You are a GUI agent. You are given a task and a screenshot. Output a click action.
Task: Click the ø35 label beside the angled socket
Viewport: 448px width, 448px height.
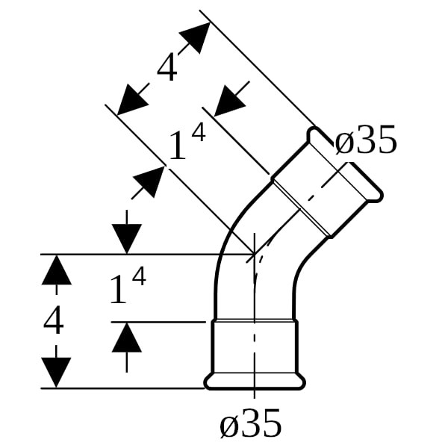(x=366, y=140)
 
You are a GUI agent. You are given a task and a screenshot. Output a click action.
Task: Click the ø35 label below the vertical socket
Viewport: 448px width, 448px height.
(x=251, y=423)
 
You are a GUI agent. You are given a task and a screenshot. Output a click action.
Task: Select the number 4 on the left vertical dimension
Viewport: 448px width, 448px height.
(x=54, y=320)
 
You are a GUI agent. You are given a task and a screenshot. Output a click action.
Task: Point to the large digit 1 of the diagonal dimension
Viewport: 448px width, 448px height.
(x=178, y=146)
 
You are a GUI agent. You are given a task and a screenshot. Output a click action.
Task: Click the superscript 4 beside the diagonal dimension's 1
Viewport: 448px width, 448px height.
(x=199, y=134)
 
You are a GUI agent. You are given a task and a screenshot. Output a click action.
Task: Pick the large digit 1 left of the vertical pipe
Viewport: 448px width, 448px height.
(x=118, y=290)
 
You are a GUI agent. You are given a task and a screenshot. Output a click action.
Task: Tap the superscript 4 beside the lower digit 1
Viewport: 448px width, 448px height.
(x=139, y=278)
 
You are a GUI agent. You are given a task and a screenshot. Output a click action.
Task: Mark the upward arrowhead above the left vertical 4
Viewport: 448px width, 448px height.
(x=56, y=270)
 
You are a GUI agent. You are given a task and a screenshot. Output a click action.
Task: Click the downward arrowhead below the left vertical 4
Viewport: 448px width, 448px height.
(x=56, y=373)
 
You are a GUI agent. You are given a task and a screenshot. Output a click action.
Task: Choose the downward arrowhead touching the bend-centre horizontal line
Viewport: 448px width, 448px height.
(x=127, y=239)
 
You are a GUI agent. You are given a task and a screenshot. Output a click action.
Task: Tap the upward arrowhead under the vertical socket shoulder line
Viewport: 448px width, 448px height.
(x=127, y=337)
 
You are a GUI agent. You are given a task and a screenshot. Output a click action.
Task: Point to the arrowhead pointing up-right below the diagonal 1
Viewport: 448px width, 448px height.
(x=149, y=182)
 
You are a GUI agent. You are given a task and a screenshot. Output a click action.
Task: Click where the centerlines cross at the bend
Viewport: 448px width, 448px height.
(x=255, y=253)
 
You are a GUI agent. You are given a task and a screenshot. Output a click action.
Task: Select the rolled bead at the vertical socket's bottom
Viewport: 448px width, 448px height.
(x=255, y=382)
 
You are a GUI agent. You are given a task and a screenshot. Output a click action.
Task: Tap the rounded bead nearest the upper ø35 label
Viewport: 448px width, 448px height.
(x=317, y=136)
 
